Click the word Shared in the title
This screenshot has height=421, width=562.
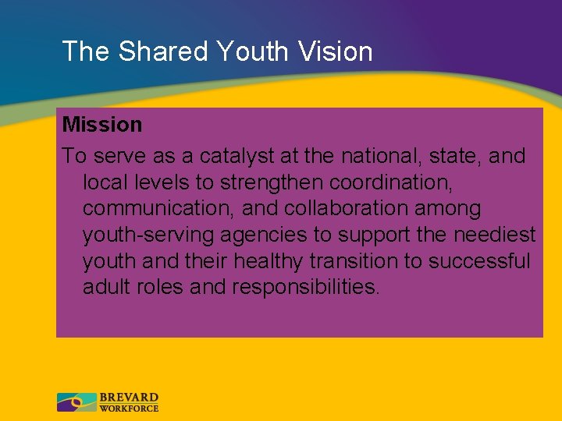[164, 51]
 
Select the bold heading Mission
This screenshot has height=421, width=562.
[102, 125]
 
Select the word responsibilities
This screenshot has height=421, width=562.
[306, 287]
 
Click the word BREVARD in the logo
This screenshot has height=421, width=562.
[129, 398]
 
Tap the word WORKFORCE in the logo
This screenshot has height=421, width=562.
[129, 408]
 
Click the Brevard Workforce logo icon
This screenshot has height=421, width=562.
[76, 402]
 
